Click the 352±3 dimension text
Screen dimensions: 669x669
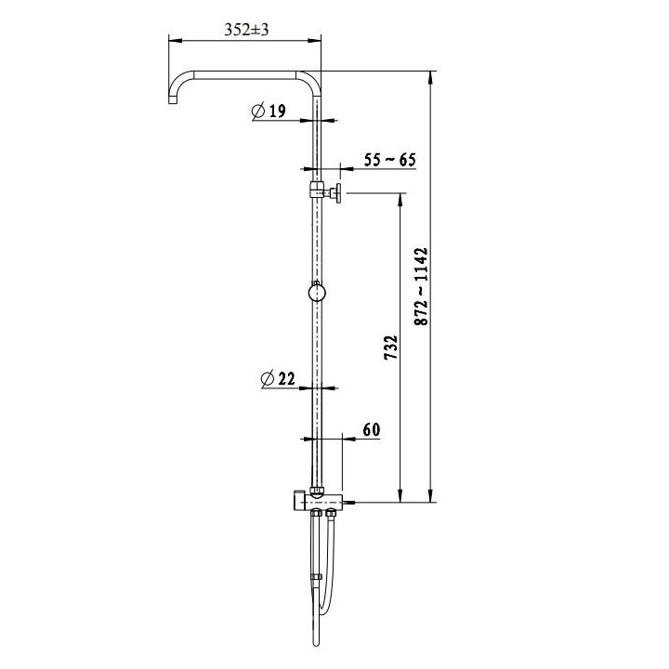tap(245, 30)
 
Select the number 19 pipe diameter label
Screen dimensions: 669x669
tap(276, 112)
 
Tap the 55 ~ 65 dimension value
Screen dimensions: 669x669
tap(389, 160)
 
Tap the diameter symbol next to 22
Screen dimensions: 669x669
tap(268, 378)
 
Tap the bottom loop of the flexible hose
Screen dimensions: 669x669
tap(321, 610)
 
